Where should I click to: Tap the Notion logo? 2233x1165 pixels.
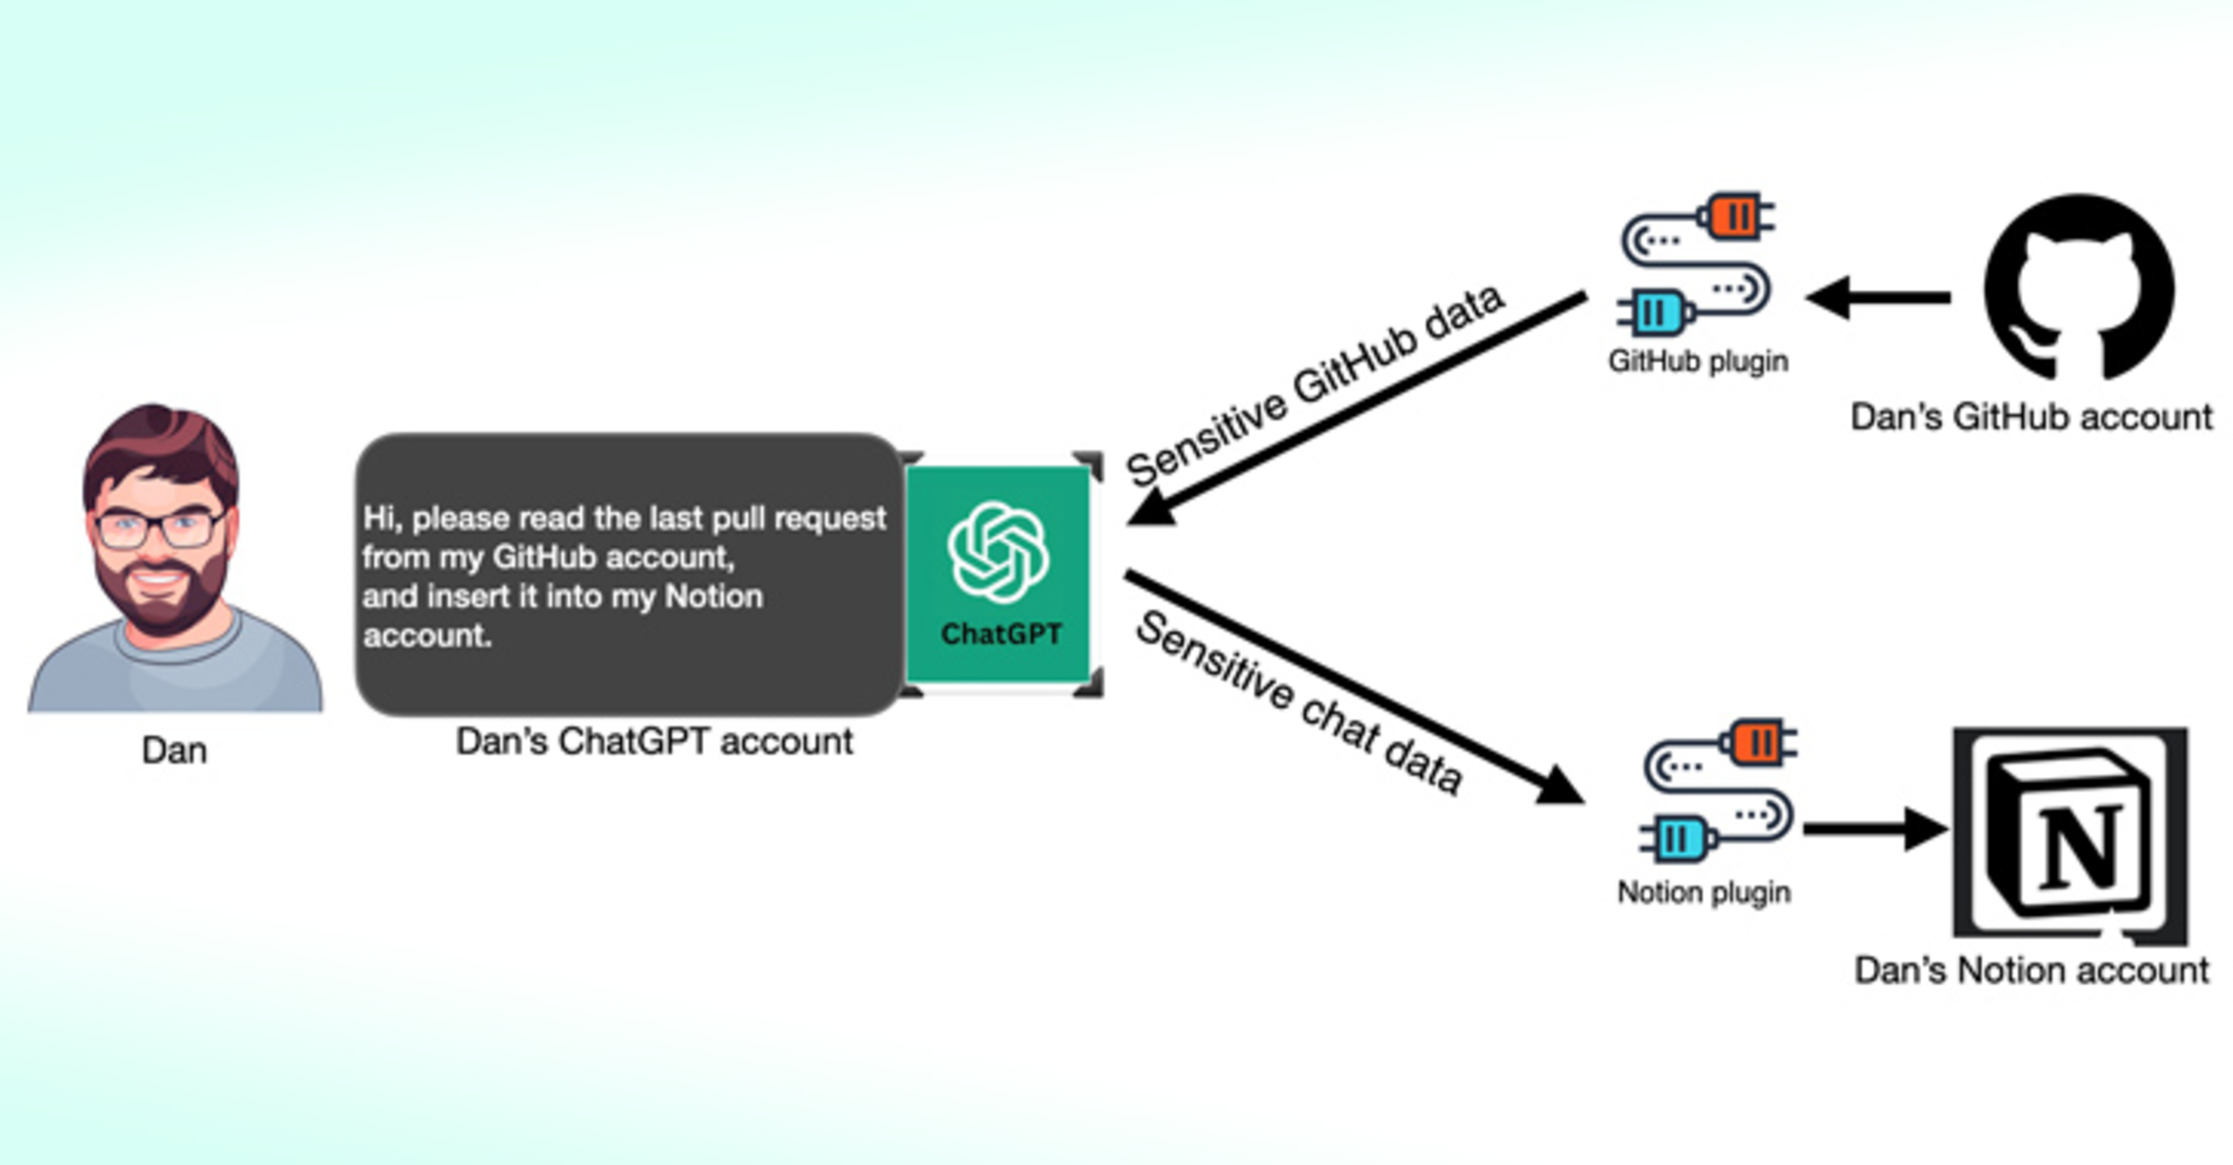(x=2070, y=835)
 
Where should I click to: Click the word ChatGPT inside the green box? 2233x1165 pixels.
(x=1000, y=635)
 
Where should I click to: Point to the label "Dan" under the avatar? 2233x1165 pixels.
(x=174, y=750)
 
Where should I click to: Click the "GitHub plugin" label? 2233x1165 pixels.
(x=1698, y=361)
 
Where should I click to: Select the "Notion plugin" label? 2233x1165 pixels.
(x=1704, y=893)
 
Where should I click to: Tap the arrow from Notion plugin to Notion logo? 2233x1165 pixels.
(x=1874, y=829)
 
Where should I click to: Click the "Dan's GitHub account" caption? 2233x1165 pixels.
(x=2031, y=417)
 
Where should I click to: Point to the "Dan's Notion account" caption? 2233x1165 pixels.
(x=2031, y=971)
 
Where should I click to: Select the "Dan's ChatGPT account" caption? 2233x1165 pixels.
(x=654, y=741)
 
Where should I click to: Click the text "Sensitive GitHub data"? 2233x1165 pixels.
(x=1313, y=385)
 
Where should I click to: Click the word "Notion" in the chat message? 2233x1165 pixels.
(x=713, y=597)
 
